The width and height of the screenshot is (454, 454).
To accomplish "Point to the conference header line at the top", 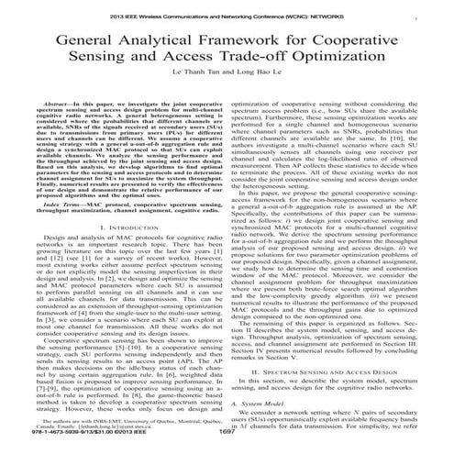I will [227, 17].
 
